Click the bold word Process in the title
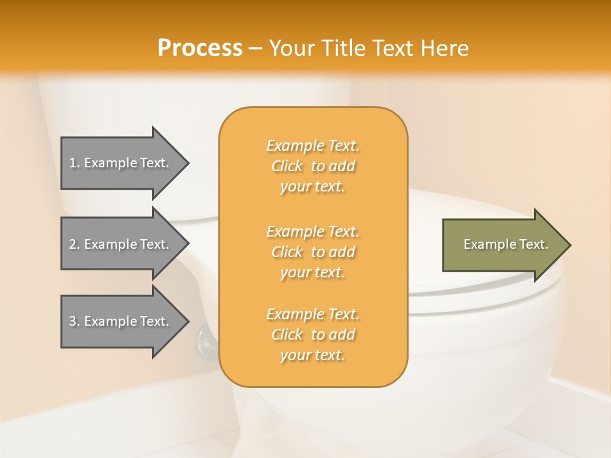200,48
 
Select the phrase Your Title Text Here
369,48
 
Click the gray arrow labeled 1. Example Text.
121,163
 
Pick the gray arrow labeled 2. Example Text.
121,244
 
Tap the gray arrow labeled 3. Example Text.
121,321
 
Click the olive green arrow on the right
503,244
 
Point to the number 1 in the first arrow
73,163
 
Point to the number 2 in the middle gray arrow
73,244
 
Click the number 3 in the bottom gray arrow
73,321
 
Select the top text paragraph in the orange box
313,166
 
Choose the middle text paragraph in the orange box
313,252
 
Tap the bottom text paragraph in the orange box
313,335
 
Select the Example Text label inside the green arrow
505,244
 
